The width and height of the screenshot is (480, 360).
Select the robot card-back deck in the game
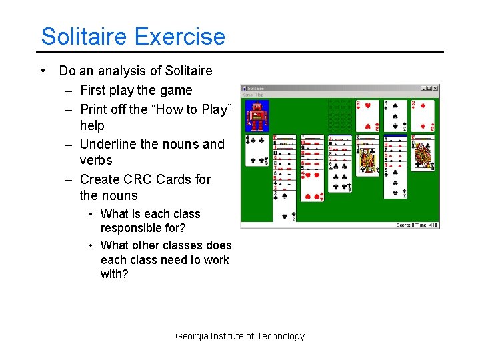257,116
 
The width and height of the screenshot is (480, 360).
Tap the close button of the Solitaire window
435,88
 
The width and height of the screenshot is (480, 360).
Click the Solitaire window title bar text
256,88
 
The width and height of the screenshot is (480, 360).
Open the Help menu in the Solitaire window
260,95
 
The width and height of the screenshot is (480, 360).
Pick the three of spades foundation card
395,115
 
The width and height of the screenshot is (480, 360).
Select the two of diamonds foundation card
423,115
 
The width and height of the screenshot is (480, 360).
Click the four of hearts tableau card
311,185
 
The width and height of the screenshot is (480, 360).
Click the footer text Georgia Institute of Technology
239,336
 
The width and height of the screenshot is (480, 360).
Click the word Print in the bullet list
93,109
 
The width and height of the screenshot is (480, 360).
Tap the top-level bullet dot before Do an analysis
43,71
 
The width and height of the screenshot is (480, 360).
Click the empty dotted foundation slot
339,115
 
